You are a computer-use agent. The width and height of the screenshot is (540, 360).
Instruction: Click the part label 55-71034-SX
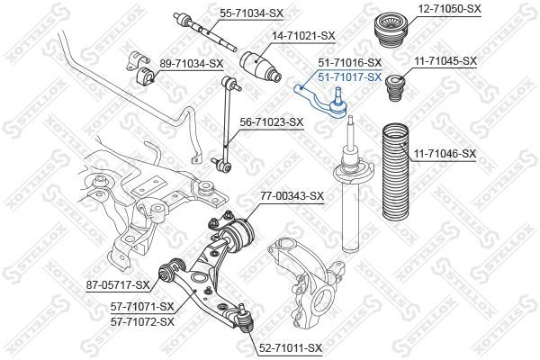[251, 13]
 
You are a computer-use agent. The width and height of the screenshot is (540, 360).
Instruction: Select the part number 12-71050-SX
[449, 9]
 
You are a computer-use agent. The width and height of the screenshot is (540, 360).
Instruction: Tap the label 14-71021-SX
[303, 36]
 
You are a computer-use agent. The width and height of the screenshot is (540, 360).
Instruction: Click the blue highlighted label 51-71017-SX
[350, 77]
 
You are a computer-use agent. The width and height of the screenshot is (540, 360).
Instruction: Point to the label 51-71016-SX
[350, 63]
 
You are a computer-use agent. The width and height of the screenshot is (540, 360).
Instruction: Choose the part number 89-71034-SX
[192, 64]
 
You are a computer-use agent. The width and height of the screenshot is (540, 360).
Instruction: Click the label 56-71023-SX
[272, 122]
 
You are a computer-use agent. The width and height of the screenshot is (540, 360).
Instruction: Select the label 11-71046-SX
[445, 154]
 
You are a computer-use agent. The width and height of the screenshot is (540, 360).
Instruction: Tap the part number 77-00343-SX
[292, 196]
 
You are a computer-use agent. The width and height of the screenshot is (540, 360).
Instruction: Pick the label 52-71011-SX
[290, 348]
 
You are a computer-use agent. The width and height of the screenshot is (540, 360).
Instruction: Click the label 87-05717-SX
[118, 285]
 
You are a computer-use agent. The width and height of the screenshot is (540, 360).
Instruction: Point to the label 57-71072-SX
[142, 322]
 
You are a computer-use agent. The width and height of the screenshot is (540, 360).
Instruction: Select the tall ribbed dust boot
[396, 171]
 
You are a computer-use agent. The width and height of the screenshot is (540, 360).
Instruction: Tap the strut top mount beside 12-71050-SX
[391, 31]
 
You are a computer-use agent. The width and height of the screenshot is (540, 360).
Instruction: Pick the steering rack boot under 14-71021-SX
[260, 67]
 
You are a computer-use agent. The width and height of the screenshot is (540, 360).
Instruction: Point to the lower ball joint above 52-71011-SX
[245, 319]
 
